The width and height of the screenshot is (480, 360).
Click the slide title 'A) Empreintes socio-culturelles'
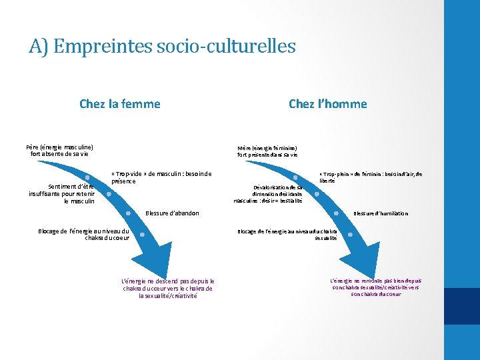[x=162, y=46]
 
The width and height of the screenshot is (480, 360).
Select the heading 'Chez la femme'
[x=119, y=103]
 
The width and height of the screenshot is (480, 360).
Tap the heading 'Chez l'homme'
[x=327, y=103]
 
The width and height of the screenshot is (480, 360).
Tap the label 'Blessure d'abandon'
[x=171, y=213]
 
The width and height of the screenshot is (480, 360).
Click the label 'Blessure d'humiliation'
[x=381, y=213]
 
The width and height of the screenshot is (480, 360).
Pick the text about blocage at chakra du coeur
[x=84, y=234]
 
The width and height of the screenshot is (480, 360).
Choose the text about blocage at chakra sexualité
[x=288, y=234]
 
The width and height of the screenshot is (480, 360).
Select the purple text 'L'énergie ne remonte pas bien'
[x=375, y=287]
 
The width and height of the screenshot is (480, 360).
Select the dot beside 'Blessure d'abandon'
[x=128, y=213]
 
